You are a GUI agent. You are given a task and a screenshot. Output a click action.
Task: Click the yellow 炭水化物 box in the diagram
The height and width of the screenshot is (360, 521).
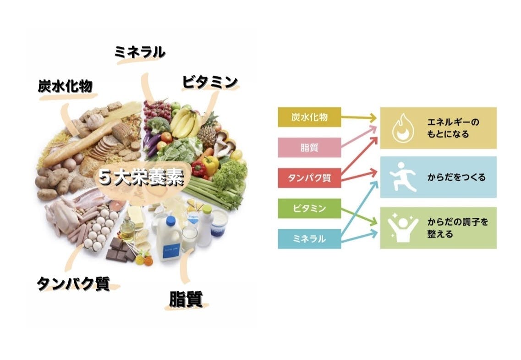coord(309,116)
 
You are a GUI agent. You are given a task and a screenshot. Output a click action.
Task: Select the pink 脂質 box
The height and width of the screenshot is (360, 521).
coord(309,147)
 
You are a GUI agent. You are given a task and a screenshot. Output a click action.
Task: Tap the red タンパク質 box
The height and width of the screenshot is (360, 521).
coord(309,178)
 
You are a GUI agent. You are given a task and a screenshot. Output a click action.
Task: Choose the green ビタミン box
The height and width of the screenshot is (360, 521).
coord(309,208)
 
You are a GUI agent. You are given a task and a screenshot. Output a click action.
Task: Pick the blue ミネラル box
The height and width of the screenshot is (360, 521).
coord(309,238)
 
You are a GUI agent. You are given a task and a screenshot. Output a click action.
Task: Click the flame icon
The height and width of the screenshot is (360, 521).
coord(403,128)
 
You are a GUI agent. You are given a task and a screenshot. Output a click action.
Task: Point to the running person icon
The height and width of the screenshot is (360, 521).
coord(403,177)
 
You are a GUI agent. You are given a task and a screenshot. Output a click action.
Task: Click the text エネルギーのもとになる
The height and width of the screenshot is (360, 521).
coord(453,128)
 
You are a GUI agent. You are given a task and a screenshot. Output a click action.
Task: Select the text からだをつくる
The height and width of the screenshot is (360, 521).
coord(456,177)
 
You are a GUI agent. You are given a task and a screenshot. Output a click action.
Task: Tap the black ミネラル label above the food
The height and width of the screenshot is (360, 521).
coord(140,53)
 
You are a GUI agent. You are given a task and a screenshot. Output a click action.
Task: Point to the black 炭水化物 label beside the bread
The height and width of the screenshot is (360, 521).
coord(65,86)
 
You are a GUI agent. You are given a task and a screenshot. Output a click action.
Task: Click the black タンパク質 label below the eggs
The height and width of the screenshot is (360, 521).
coord(73,283)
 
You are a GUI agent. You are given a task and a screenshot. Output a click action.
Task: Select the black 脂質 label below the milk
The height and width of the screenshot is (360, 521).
coord(186,299)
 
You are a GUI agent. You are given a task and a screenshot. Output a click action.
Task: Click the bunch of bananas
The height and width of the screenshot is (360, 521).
coord(185,122)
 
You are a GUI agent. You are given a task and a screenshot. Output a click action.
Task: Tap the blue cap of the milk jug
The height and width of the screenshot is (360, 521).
coord(171,220)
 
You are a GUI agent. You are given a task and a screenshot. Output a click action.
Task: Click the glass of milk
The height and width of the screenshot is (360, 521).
coord(189,238)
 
